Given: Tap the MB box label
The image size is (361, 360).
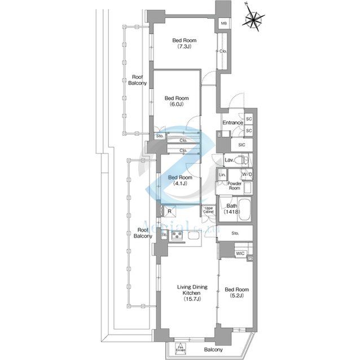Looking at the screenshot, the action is (224, 23).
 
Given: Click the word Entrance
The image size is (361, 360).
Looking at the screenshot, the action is (232, 123).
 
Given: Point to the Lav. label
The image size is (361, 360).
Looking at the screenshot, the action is (229, 161).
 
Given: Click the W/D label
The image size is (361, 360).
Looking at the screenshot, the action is (247, 175).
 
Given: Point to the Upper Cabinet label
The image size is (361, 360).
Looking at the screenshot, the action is (208, 211).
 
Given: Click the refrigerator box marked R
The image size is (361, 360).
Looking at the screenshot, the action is (170, 211).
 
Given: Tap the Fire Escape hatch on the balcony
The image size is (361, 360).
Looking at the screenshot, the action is (181, 348).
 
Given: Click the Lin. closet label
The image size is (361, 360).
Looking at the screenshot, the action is (222, 175).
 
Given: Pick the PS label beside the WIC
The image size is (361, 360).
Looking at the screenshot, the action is (250, 257).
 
